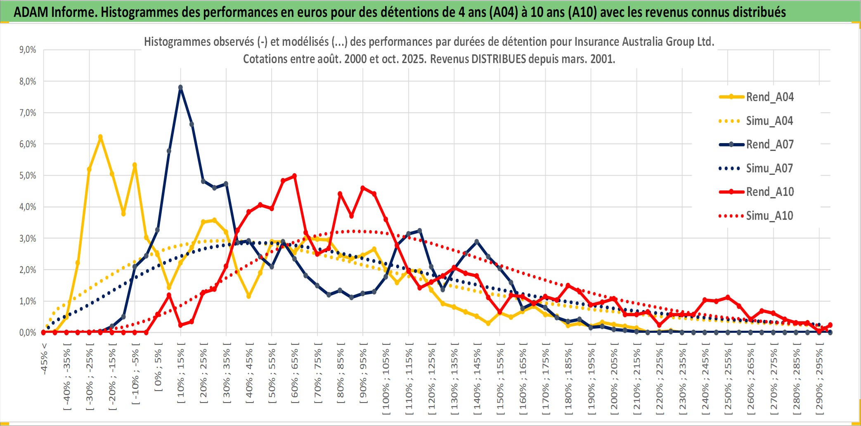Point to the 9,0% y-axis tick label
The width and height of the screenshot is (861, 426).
click(x=28, y=50)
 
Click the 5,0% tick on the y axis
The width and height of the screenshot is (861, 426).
click(x=28, y=176)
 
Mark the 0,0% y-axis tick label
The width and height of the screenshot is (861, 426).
click(x=28, y=332)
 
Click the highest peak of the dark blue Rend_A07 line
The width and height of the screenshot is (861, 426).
click(x=180, y=87)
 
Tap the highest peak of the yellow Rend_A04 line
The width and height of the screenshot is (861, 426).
click(x=100, y=137)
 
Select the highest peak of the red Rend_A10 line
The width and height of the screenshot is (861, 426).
click(x=294, y=176)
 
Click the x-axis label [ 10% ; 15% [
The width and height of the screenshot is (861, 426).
click(x=181, y=375)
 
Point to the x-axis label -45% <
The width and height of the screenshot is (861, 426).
click(x=44, y=359)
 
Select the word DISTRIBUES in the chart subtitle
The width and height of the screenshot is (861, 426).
click(x=499, y=59)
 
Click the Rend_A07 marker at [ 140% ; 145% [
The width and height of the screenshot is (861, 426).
click(x=477, y=242)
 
